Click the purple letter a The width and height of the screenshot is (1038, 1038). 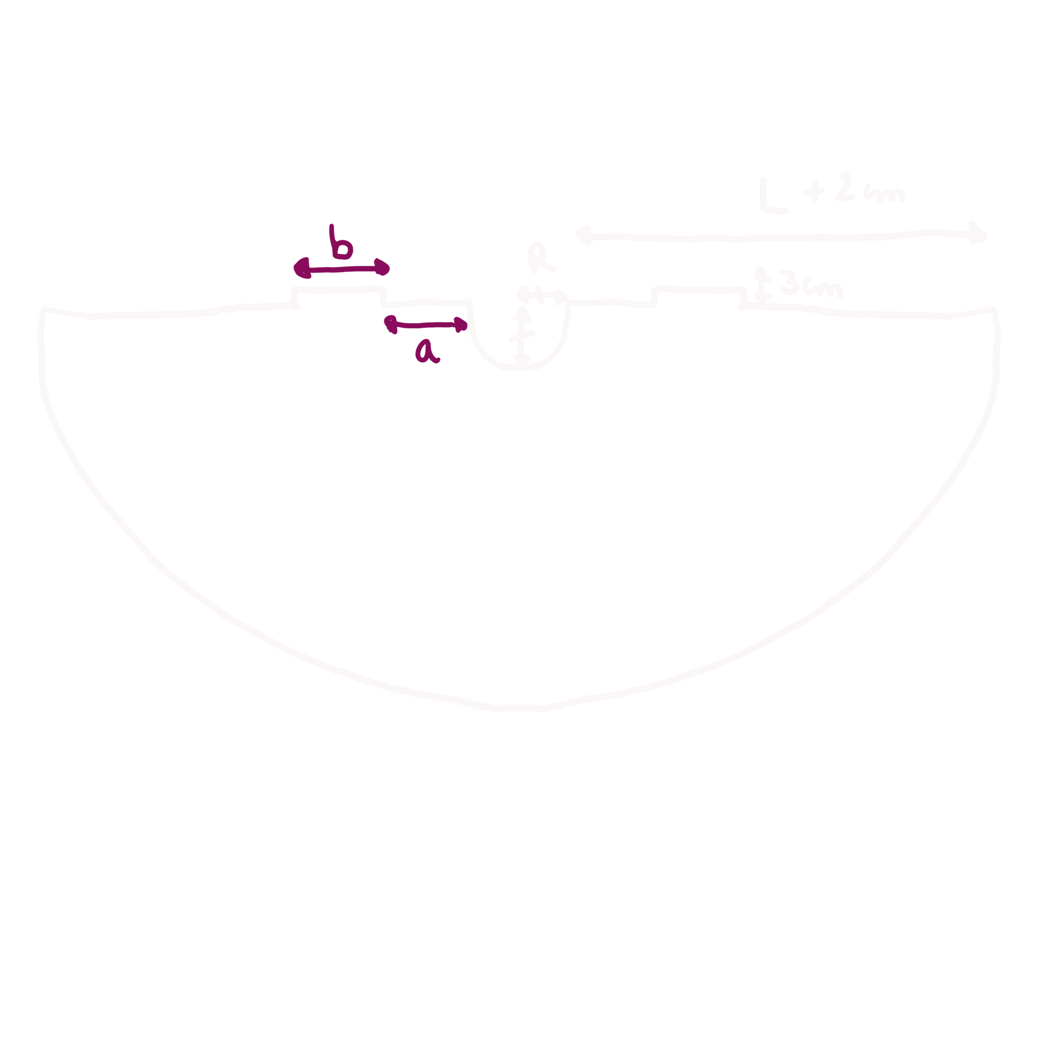(427, 352)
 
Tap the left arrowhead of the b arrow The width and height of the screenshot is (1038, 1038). (298, 267)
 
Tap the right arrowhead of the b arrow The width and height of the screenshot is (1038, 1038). (384, 267)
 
